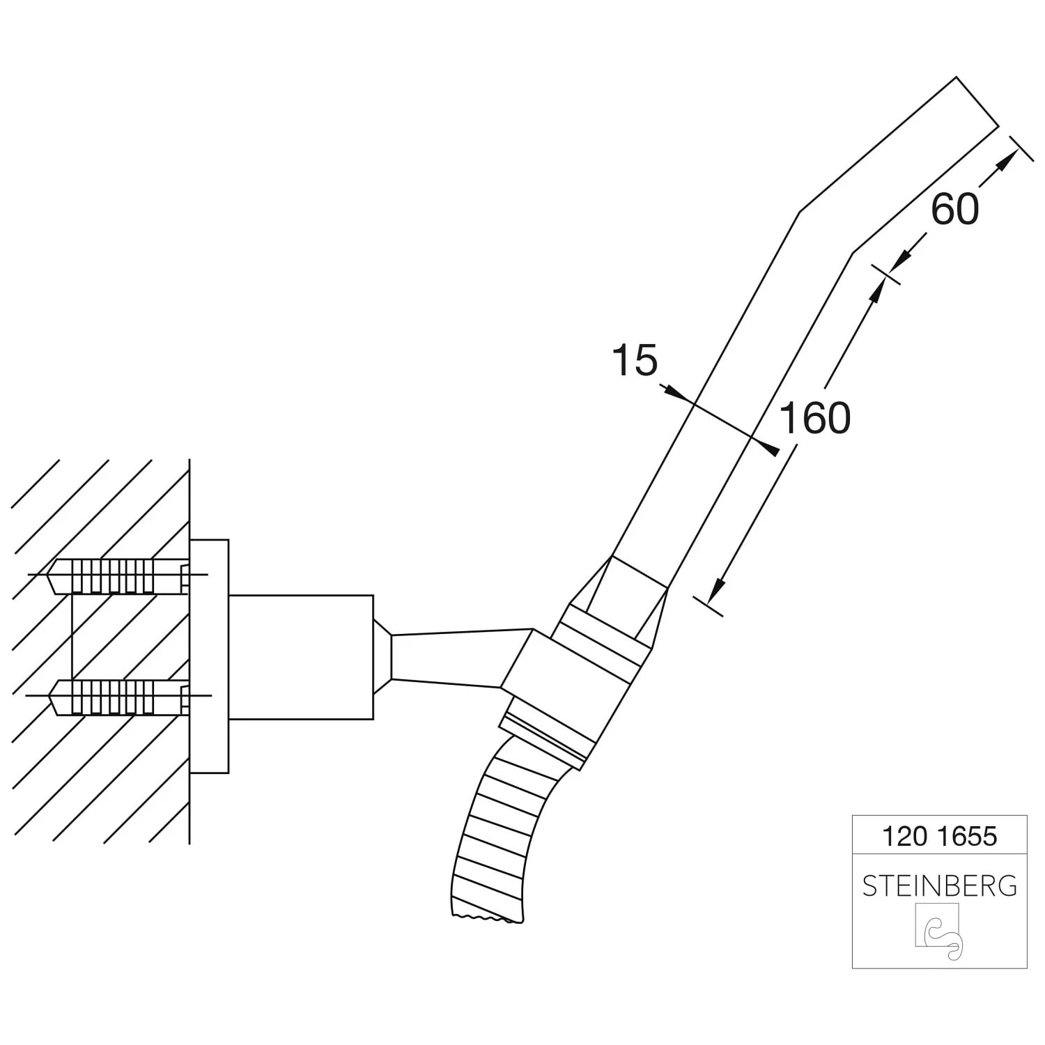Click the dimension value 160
coord(814,418)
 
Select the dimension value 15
coord(634,361)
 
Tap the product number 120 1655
coord(939,835)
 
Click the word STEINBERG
coord(939,885)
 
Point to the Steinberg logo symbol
coord(939,931)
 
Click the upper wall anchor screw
coord(115,575)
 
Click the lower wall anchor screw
coord(115,697)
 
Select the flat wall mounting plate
coord(209,656)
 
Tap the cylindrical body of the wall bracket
coord(301,657)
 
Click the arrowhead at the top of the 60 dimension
coord(1004,162)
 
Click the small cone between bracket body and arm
coord(382,656)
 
